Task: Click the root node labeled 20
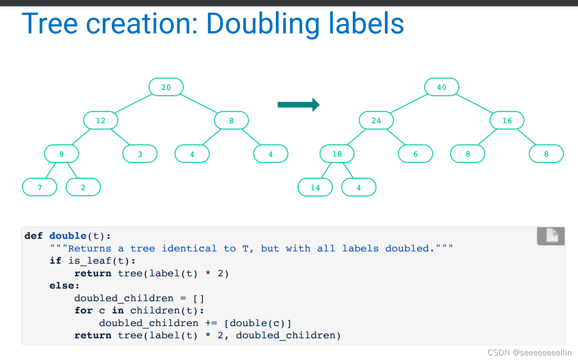pos(166,87)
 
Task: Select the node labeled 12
pos(100,120)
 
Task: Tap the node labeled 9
pos(61,154)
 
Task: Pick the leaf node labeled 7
pos(39,187)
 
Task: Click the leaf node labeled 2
pos(83,187)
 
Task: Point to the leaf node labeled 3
pos(140,154)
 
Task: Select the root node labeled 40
pos(441,87)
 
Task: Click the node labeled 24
pos(376,120)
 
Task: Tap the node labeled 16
pos(507,120)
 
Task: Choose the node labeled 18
pos(337,154)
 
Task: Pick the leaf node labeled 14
pos(315,187)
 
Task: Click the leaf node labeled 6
pos(415,154)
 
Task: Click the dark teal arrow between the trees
pos(298,105)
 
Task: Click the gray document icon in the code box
pos(551,236)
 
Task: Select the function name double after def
pos(68,236)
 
